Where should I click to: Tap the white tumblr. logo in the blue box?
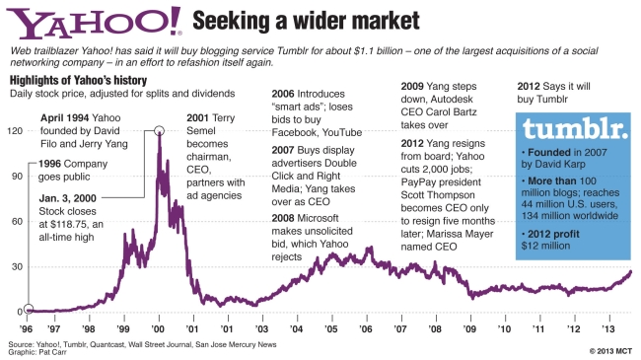click(576, 128)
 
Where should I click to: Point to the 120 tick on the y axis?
click(15, 131)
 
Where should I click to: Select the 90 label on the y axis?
click(17, 177)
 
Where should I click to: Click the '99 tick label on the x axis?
click(123, 328)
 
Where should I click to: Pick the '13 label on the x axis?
click(608, 328)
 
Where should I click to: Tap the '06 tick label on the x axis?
click(366, 328)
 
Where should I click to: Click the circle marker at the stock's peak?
click(160, 131)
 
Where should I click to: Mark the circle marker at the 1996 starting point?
click(29, 309)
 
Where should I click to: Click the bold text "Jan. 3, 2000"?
click(67, 198)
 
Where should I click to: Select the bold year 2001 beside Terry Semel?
click(198, 118)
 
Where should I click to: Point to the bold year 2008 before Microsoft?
click(283, 218)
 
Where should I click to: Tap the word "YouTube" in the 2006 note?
click(342, 132)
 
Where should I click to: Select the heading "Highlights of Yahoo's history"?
click(78, 80)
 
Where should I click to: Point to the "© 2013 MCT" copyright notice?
click(610, 351)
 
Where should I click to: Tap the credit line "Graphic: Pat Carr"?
click(37, 352)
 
